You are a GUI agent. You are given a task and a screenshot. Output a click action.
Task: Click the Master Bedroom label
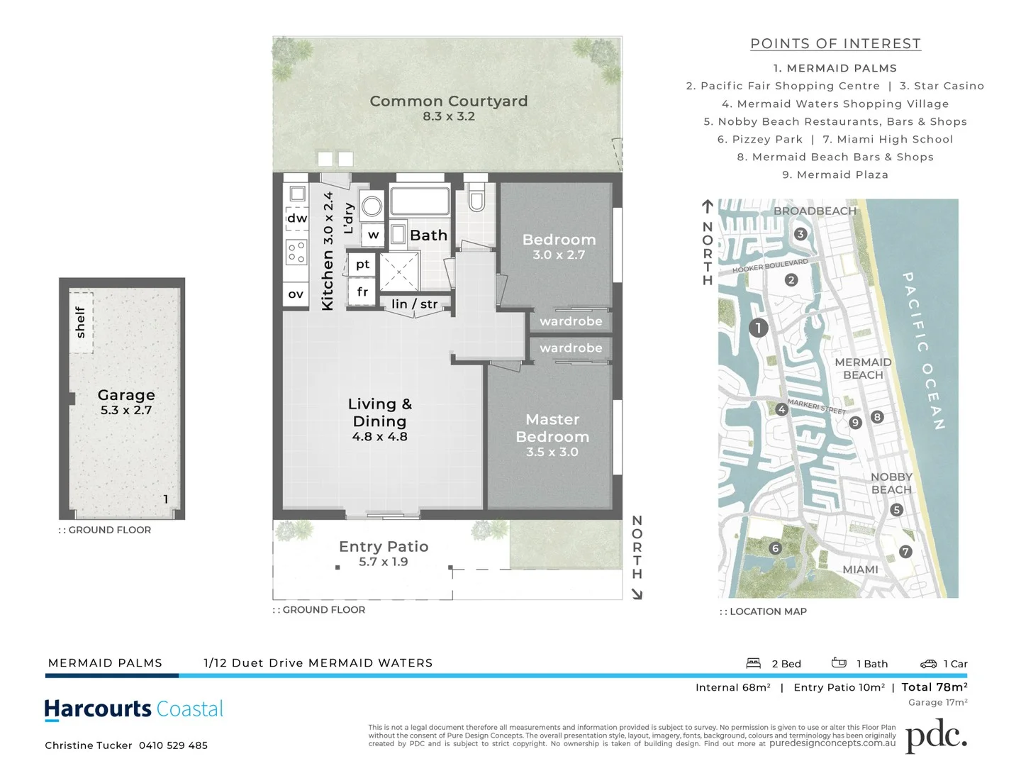tap(552, 428)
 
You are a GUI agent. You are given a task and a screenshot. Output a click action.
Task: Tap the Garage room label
tap(126, 395)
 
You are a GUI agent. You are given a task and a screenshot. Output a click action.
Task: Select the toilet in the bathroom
tap(476, 199)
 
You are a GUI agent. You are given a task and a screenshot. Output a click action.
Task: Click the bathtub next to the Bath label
tap(420, 200)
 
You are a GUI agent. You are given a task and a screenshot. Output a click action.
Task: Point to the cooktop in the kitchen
tap(296, 252)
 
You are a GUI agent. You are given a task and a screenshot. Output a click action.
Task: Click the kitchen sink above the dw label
tap(297, 194)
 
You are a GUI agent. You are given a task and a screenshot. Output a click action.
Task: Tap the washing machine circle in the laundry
tap(371, 206)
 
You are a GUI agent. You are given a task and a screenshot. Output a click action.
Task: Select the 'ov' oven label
tap(296, 294)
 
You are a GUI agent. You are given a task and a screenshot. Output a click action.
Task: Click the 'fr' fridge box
tap(362, 292)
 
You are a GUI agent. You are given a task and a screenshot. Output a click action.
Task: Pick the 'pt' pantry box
tap(362, 265)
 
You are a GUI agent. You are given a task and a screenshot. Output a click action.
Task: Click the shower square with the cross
tap(399, 271)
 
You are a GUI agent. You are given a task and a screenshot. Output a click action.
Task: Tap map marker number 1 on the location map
tap(758, 328)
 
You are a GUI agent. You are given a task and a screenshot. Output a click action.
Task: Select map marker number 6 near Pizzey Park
tap(775, 548)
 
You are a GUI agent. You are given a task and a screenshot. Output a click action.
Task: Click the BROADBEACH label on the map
tap(815, 211)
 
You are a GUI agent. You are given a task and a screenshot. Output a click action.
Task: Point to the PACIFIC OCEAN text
tap(924, 350)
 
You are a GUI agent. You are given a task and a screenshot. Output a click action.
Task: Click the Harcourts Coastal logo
tap(133, 709)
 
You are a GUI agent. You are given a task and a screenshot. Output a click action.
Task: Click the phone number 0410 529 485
tap(173, 745)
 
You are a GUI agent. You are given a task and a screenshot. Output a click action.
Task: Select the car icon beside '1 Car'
tap(928, 664)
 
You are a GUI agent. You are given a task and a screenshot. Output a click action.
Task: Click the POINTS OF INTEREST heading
tap(835, 44)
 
